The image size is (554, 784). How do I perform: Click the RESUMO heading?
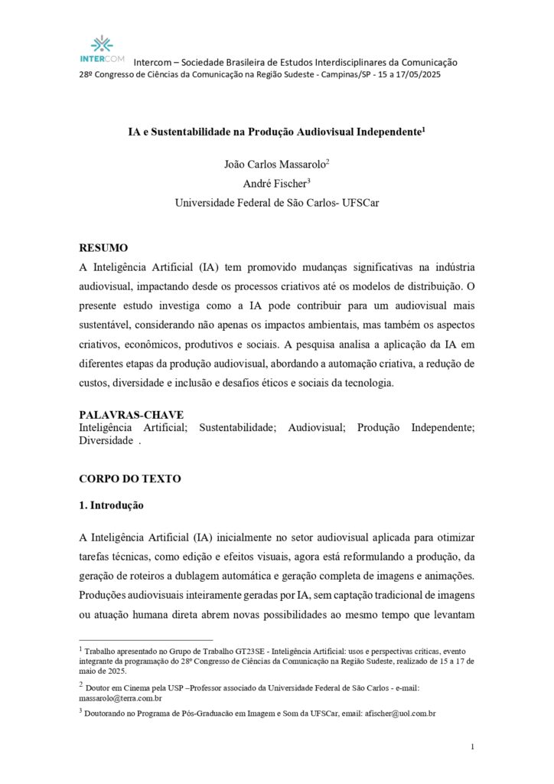[104, 248]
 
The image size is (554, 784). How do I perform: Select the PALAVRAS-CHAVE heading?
[131, 414]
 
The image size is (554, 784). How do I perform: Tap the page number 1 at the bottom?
[474, 746]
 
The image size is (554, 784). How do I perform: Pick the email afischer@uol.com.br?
[401, 714]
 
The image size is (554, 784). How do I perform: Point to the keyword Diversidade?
[106, 441]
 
